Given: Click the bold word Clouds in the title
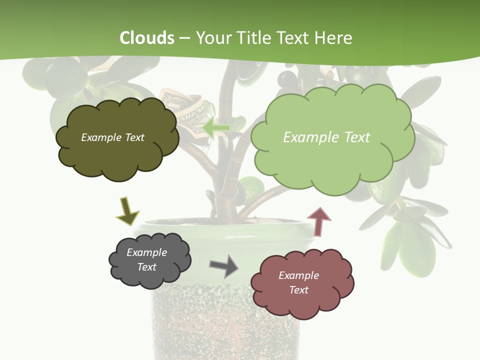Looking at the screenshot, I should coord(147,38).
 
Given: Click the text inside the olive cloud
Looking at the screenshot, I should coord(112,137).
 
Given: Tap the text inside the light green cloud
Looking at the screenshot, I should coord(326,137).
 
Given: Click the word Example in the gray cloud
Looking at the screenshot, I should coord(146,252).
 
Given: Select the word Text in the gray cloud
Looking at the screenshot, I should coord(146,267).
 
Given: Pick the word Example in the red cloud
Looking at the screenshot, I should coord(298,275).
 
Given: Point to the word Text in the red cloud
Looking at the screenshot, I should coord(298,290).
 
